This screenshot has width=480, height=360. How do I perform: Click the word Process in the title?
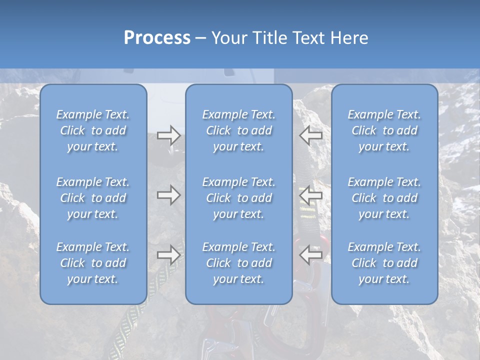[x=157, y=38]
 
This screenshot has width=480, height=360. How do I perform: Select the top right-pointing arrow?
[x=169, y=135]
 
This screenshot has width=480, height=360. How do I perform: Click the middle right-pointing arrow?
[x=169, y=195]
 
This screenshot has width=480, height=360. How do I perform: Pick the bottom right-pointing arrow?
[x=169, y=255]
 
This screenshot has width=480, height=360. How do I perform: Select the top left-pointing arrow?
[x=311, y=135]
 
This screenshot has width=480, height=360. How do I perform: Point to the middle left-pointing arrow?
[x=311, y=195]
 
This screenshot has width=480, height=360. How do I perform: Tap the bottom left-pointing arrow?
[x=311, y=255]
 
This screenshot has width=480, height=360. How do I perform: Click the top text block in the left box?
[x=93, y=130]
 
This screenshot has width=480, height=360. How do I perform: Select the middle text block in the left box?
[x=93, y=198]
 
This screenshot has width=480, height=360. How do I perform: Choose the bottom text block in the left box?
[x=93, y=263]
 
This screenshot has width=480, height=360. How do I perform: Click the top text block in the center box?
[x=239, y=130]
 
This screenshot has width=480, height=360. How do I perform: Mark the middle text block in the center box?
[x=239, y=198]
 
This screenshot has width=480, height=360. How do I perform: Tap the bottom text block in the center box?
[x=239, y=263]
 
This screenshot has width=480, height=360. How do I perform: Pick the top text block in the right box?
[x=384, y=130]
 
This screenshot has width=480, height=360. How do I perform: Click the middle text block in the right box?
[x=384, y=198]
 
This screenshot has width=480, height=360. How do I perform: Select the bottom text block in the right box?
[x=384, y=263]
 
